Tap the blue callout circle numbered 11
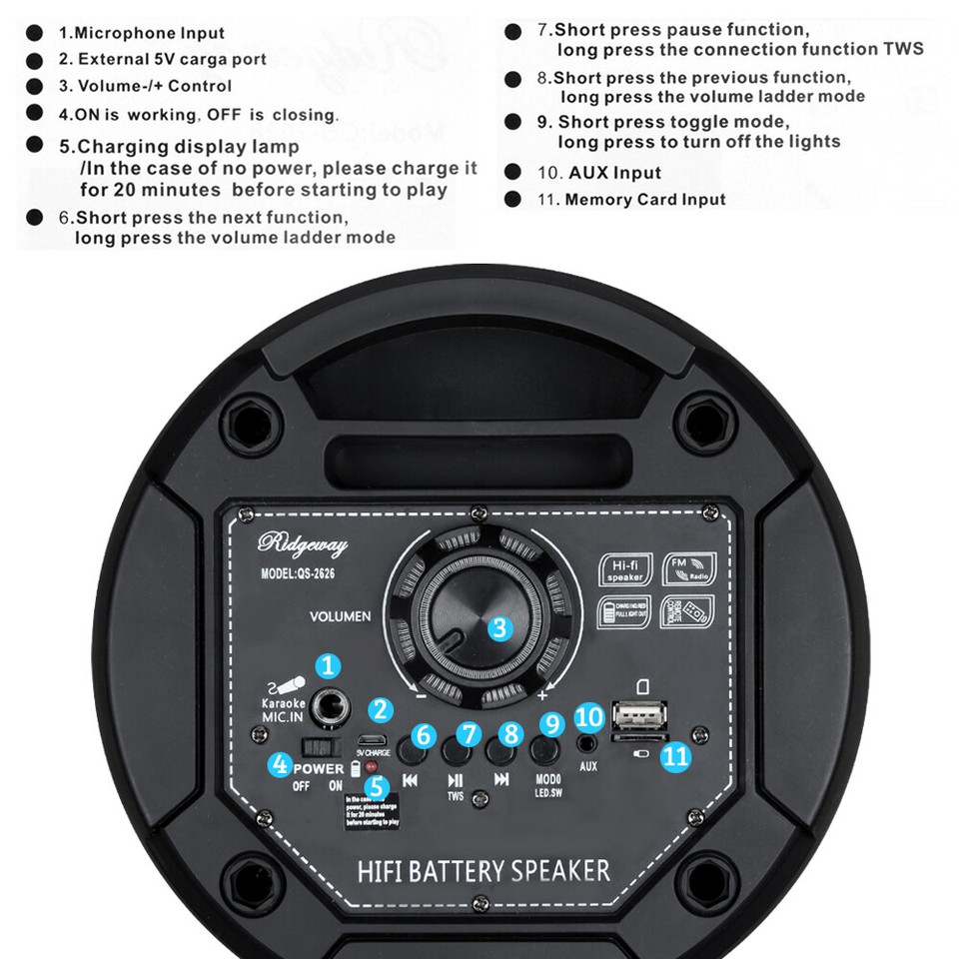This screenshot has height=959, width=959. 676,756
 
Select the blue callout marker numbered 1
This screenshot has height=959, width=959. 328,667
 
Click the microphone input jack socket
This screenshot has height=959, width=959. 328,708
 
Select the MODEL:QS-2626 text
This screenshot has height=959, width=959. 298,574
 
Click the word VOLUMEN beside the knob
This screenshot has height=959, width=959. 340,616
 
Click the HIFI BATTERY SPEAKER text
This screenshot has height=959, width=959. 483,870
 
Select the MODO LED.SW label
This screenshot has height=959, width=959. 546,784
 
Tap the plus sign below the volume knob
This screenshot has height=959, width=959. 542,694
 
